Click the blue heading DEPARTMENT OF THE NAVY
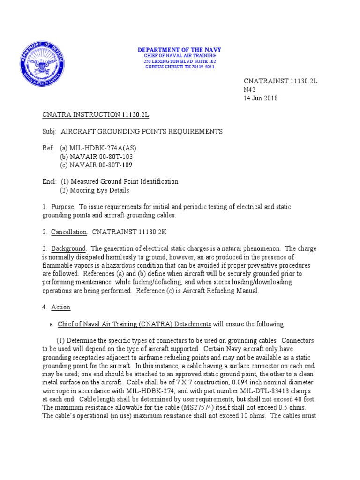click(180, 50)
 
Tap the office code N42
click(249, 90)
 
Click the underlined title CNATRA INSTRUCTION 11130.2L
click(96, 115)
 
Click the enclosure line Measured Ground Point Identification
click(119, 181)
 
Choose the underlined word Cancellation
click(69, 232)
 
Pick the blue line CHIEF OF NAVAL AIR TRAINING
click(180, 56)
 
